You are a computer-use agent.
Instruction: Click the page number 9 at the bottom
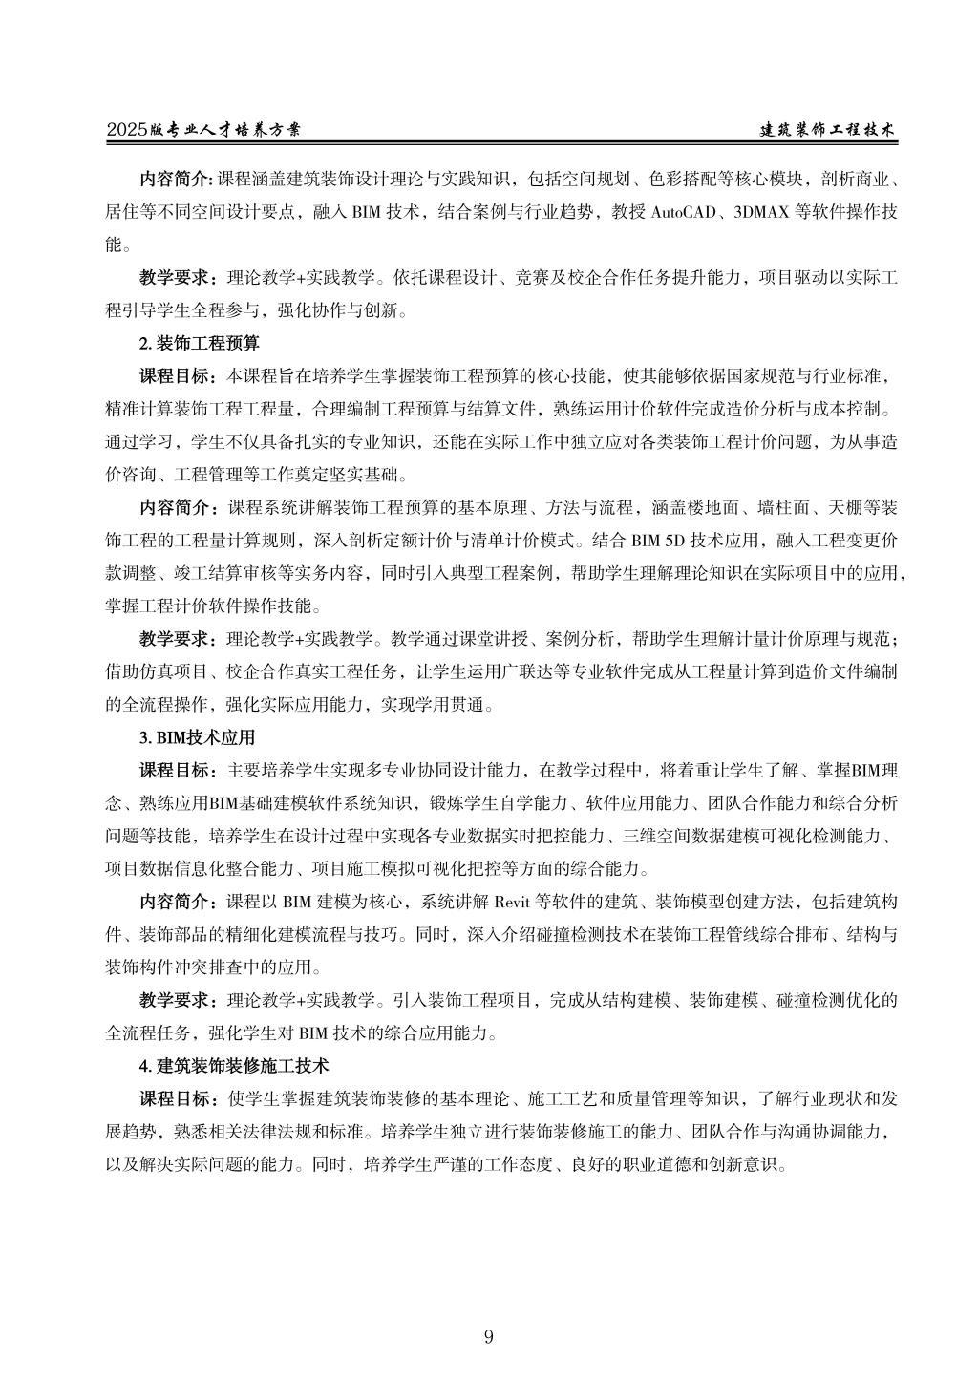click(x=489, y=1337)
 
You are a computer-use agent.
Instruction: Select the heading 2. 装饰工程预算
click(x=200, y=341)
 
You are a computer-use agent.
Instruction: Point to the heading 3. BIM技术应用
click(x=198, y=738)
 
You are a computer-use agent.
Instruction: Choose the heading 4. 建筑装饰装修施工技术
click(x=234, y=1064)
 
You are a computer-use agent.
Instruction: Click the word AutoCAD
click(x=684, y=212)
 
